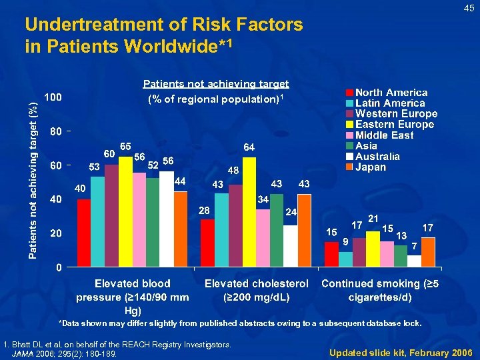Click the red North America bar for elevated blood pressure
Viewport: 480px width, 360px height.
point(83,233)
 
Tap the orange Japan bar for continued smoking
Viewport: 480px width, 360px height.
point(428,252)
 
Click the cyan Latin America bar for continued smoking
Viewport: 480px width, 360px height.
point(345,259)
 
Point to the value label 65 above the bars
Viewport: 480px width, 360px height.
point(125,146)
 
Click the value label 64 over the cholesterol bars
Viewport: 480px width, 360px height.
point(249,147)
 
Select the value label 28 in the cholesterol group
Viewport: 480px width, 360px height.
point(205,211)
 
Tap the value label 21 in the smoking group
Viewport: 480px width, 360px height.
point(373,218)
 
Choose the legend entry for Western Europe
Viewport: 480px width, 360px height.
point(396,114)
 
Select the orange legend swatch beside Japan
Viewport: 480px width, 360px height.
point(349,167)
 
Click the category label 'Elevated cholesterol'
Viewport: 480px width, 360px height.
point(256,284)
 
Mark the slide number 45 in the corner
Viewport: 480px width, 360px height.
point(469,8)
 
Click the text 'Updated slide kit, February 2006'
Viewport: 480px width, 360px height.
point(400,351)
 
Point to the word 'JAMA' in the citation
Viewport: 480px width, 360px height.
point(27,353)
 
